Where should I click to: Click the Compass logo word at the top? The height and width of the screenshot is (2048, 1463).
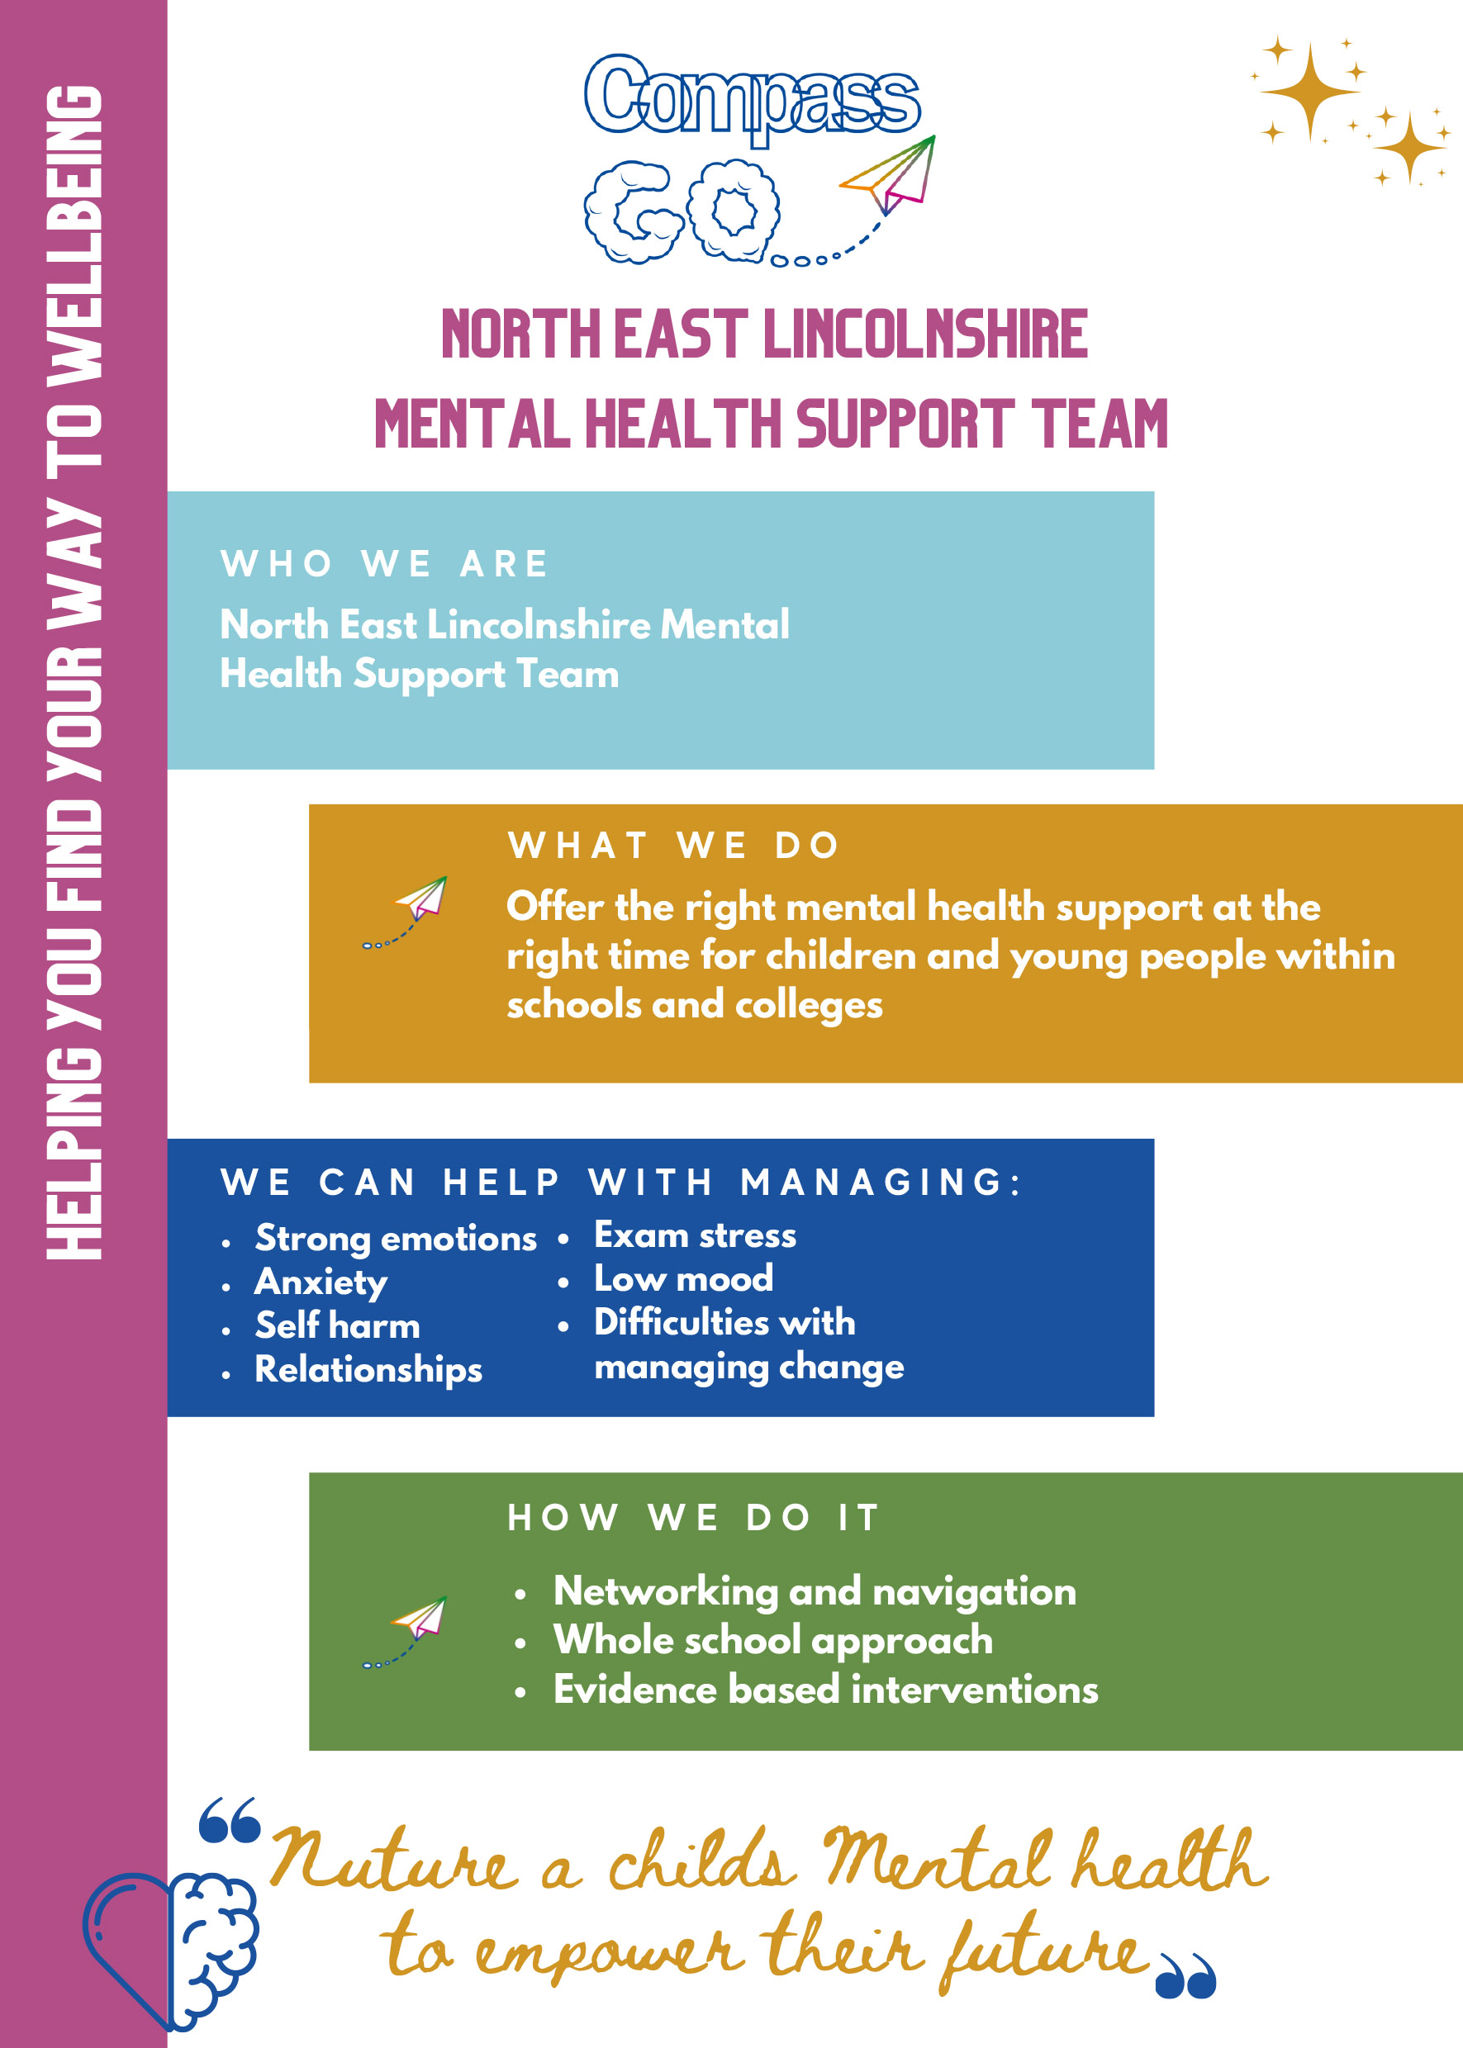click(753, 97)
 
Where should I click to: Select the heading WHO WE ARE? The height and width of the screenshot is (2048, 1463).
click(385, 565)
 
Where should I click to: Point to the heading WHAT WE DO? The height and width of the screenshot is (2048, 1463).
click(674, 846)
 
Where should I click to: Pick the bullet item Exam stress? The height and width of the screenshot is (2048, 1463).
click(695, 1235)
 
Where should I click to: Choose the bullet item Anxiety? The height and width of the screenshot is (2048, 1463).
click(321, 1282)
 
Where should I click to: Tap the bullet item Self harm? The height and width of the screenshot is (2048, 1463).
click(337, 1325)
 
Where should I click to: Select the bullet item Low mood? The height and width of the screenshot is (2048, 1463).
click(683, 1279)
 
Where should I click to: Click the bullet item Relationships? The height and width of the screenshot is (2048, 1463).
click(368, 1370)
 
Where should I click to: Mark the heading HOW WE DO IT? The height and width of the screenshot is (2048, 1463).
click(693, 1518)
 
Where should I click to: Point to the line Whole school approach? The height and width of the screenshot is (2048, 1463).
click(773, 1641)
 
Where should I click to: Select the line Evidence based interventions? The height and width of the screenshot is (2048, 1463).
click(825, 1690)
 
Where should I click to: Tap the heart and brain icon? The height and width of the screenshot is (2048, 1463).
click(171, 1949)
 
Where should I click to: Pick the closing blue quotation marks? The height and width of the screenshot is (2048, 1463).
click(1185, 1977)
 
